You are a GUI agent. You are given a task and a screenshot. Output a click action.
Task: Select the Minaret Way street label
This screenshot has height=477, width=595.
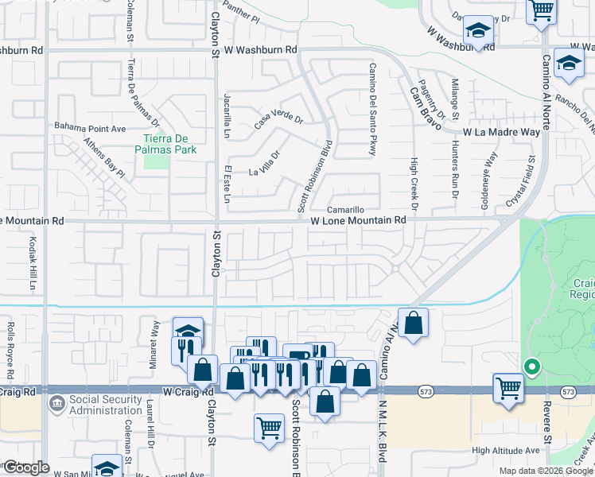pyautogui.click(x=154, y=337)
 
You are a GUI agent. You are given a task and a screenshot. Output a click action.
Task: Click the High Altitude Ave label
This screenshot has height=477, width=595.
pyautogui.click(x=505, y=450)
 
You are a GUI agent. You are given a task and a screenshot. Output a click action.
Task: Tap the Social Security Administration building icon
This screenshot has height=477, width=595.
pyautogui.click(x=58, y=403)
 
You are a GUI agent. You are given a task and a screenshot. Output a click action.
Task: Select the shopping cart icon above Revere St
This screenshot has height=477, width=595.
pyautogui.click(x=507, y=389)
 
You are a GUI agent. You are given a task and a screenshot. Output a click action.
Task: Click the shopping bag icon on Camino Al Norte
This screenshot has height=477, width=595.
pyautogui.click(x=413, y=323)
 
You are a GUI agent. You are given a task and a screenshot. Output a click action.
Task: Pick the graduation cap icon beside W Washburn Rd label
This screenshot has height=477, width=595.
pyautogui.click(x=478, y=32)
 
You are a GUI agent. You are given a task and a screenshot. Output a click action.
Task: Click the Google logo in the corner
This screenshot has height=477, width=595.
pyautogui.click(x=27, y=467)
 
